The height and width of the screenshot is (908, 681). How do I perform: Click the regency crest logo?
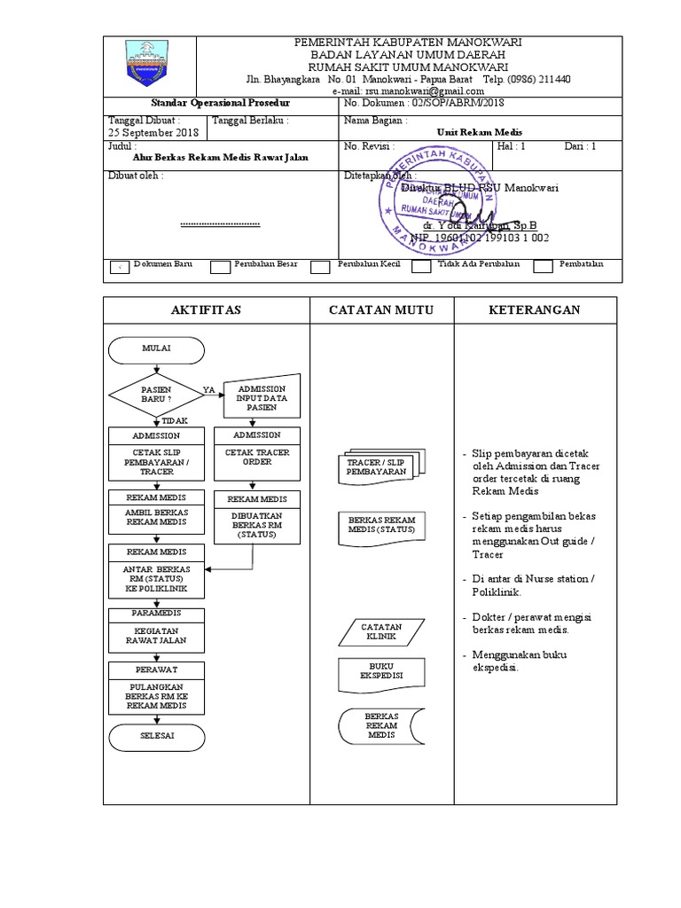pyautogui.click(x=149, y=66)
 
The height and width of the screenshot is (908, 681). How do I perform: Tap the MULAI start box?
pyautogui.click(x=156, y=349)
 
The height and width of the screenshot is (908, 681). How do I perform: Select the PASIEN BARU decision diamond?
pyautogui.click(x=156, y=395)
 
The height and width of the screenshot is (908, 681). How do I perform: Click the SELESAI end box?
pyautogui.click(x=156, y=737)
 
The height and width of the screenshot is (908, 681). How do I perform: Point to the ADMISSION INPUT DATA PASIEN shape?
pyautogui.click(x=262, y=398)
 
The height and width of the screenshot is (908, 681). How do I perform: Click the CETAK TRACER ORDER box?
pyautogui.click(x=257, y=458)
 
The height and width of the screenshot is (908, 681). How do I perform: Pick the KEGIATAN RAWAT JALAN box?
pyautogui.click(x=156, y=635)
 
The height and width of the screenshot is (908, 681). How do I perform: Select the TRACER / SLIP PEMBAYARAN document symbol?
pyautogui.click(x=377, y=467)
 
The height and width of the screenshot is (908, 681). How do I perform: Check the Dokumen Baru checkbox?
pyautogui.click(x=118, y=266)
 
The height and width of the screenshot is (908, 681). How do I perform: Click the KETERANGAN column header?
pyautogui.click(x=535, y=309)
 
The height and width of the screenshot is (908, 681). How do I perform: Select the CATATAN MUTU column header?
pyautogui.click(x=381, y=309)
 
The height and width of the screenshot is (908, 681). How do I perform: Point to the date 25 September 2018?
pyautogui.click(x=153, y=133)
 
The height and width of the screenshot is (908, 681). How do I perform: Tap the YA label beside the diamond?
pyautogui.click(x=209, y=389)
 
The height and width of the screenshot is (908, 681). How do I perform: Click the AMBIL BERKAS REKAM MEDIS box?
pyautogui.click(x=156, y=517)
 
